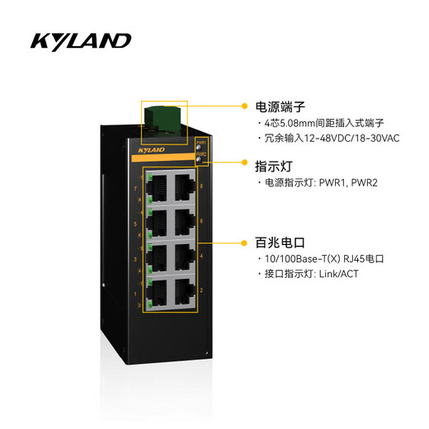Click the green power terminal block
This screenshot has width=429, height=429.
click(164, 115)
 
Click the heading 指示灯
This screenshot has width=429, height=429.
click(272, 164)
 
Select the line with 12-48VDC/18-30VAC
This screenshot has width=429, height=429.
click(330, 139)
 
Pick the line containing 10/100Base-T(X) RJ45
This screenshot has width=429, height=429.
click(324, 259)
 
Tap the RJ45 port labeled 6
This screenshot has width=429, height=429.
click(181, 222)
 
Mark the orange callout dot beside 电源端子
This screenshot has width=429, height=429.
click(245, 106)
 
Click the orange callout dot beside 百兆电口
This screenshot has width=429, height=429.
click(245, 243)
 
